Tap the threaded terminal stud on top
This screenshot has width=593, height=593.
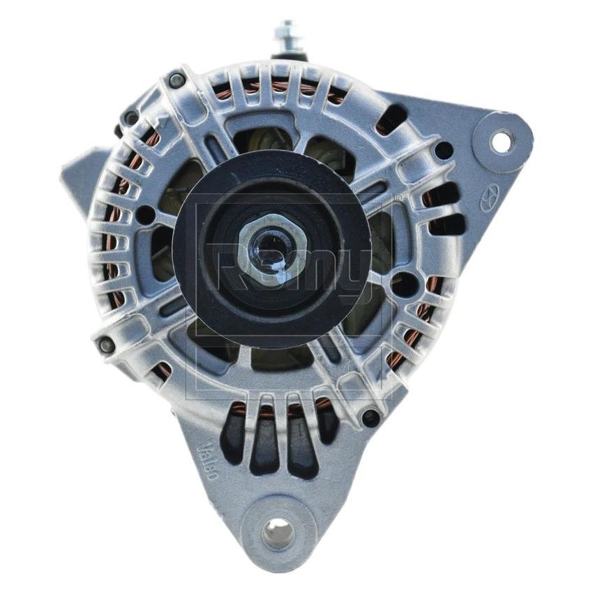coord(287,34)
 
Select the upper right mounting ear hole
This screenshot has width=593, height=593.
coord(501,142)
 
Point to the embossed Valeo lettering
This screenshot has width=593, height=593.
coord(207,460)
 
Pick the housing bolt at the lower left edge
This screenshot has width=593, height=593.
coord(107,344)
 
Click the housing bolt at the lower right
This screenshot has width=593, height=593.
coord(370,418)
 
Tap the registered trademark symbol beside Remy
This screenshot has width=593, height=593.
coord(398,199)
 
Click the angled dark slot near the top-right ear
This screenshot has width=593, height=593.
coord(392,119)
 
